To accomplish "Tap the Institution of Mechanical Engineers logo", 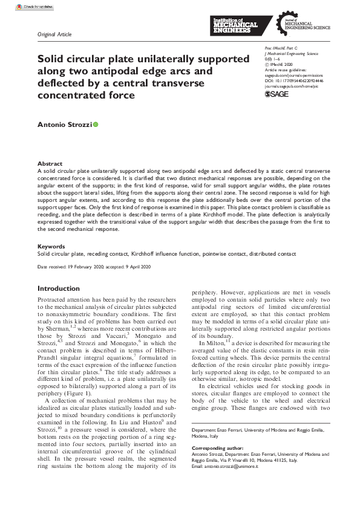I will [236, 25].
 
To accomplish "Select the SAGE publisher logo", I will [277, 95].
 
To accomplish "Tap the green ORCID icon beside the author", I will [95, 124].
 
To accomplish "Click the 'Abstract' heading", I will [50, 164].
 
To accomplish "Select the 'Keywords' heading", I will [51, 247].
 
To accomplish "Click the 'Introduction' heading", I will [59, 289].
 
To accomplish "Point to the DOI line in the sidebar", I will [294, 79].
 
